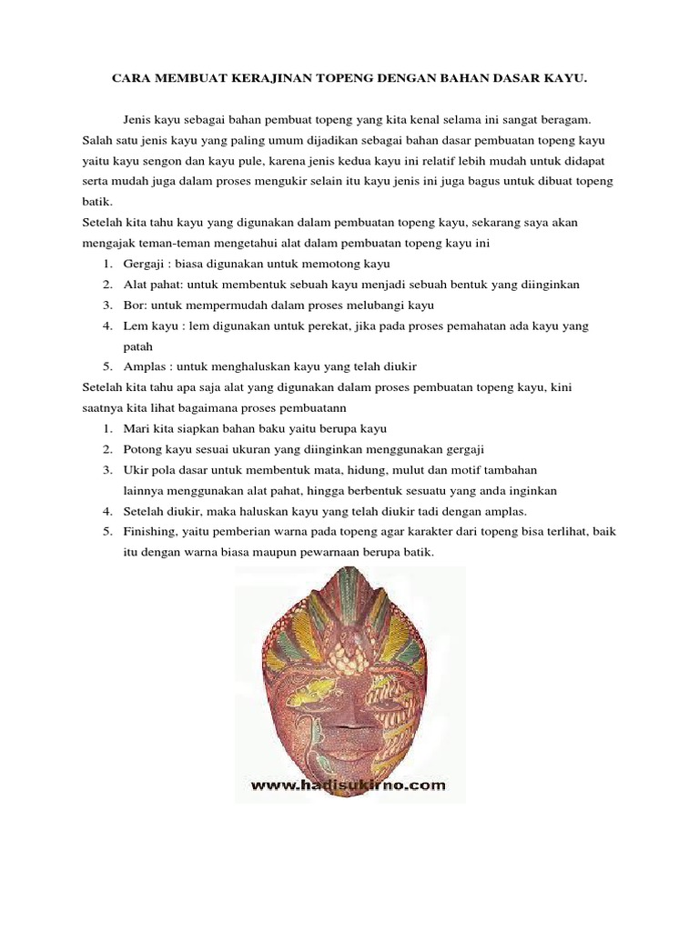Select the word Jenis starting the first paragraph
[x=139, y=119]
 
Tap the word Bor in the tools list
[x=134, y=305]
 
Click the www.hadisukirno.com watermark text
[x=349, y=785]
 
